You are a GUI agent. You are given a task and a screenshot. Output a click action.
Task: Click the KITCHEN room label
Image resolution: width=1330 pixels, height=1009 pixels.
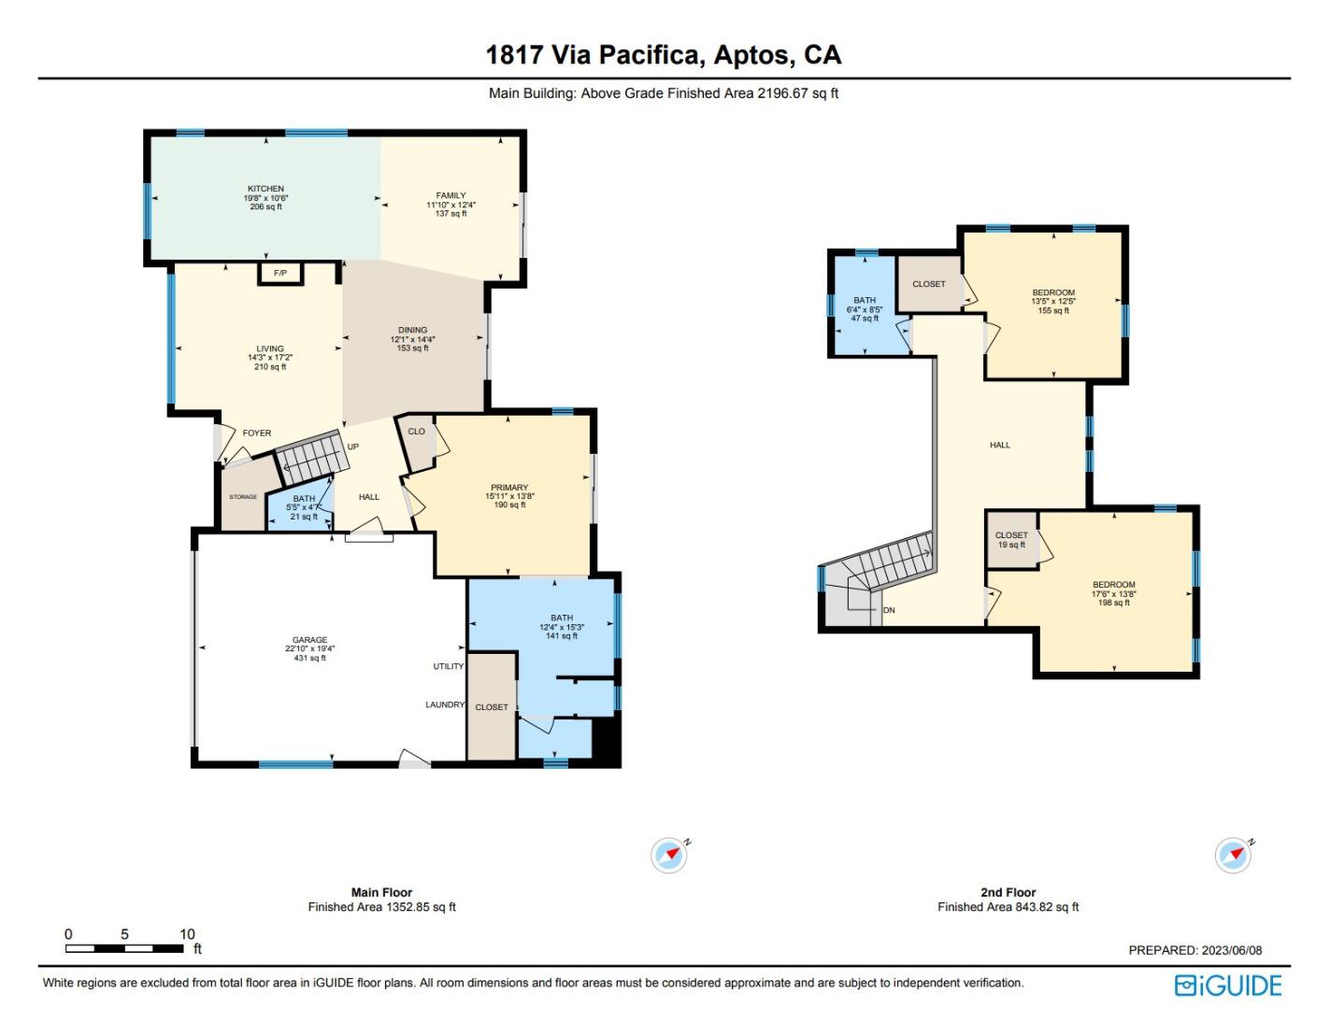[x=265, y=189]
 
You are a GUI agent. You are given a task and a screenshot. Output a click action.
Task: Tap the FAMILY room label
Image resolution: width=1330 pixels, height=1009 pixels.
[x=450, y=196]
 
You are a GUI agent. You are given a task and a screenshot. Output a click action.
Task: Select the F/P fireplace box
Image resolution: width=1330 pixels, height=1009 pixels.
[x=280, y=273]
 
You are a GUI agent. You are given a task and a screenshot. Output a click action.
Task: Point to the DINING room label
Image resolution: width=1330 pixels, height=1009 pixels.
[x=412, y=330]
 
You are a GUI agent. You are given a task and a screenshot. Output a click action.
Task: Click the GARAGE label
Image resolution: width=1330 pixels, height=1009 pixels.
[x=309, y=641]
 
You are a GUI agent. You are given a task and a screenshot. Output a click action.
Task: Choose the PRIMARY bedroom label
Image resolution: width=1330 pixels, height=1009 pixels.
[x=509, y=488]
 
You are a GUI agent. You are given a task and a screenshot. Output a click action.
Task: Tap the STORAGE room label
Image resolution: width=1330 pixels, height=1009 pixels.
[x=243, y=497]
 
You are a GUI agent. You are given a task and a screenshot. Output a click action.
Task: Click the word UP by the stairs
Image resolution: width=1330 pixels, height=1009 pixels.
[x=353, y=447]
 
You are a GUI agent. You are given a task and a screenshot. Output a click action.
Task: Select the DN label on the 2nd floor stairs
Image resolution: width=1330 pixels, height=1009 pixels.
[x=889, y=610]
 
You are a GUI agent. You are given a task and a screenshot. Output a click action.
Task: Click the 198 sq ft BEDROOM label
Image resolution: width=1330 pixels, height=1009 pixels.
[x=1114, y=585]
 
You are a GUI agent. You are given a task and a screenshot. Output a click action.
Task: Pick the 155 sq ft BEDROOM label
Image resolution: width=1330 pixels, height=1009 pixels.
[x=1053, y=292]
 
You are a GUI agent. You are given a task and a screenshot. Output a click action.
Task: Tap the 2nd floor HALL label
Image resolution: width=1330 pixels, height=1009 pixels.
[x=1000, y=446]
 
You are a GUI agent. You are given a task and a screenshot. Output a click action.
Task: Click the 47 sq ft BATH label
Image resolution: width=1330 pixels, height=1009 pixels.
[x=865, y=301]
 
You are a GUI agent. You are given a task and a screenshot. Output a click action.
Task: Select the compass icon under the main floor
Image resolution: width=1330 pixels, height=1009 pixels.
[x=669, y=855]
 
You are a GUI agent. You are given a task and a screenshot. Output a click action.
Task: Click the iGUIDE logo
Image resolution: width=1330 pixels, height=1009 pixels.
[x=1228, y=986]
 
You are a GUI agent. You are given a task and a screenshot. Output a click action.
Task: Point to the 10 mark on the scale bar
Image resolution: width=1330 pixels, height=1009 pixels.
[x=188, y=934]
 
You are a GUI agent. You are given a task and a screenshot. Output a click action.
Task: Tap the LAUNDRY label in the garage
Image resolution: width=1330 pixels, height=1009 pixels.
[x=445, y=704]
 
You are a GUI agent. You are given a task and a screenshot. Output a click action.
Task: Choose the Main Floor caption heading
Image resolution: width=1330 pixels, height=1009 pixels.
[x=381, y=892]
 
